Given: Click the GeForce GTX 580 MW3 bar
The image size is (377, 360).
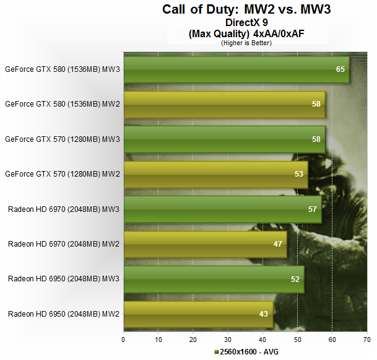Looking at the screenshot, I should coord(235,69).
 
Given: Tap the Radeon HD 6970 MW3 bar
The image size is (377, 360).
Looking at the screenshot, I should coord(222,209).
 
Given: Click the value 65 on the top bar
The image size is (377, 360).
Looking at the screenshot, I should coord(340,69).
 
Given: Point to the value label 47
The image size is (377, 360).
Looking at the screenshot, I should coord(277,244).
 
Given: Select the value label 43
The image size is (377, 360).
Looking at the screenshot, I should coord(264,314).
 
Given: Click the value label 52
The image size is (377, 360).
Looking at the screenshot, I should coord(295,279).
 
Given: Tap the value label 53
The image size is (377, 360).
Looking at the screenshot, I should coord(298,174).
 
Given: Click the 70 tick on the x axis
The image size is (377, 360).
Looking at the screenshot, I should coord(367,340).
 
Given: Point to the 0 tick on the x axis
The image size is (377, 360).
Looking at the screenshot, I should coord(124,340).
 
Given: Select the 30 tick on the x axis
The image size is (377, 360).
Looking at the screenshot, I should coord(228,340).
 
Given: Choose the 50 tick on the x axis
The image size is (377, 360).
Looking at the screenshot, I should coord(298,340).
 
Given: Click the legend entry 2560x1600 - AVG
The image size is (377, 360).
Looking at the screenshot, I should coord(247,352).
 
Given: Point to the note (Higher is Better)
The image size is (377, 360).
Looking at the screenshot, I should coord(246,43).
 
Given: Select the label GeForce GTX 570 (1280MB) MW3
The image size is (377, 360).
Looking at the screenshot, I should coord(62,139).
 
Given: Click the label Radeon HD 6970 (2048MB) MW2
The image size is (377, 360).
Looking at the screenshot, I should coord(64,244).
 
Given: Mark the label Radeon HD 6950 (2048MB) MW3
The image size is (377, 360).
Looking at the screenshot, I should coord(64,279).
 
